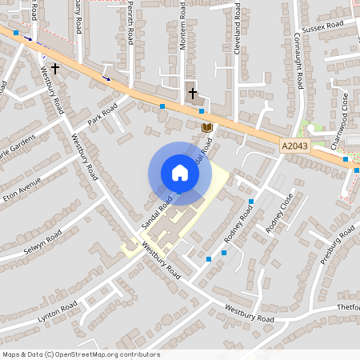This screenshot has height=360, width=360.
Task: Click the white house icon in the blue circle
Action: pyautogui.click(x=180, y=173)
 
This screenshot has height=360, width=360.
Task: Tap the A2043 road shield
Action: pyautogui.click(x=294, y=146)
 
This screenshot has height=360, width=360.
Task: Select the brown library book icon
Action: pyautogui.click(x=206, y=127)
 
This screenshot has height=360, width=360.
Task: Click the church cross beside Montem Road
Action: pyautogui.click(x=192, y=94)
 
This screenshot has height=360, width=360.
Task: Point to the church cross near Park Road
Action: pyautogui.click(x=55, y=69)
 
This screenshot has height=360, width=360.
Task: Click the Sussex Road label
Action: pyautogui.click(x=318, y=33)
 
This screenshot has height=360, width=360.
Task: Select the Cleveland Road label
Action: pyautogui.click(x=238, y=31)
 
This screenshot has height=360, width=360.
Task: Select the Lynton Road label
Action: pyautogui.click(x=58, y=313)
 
